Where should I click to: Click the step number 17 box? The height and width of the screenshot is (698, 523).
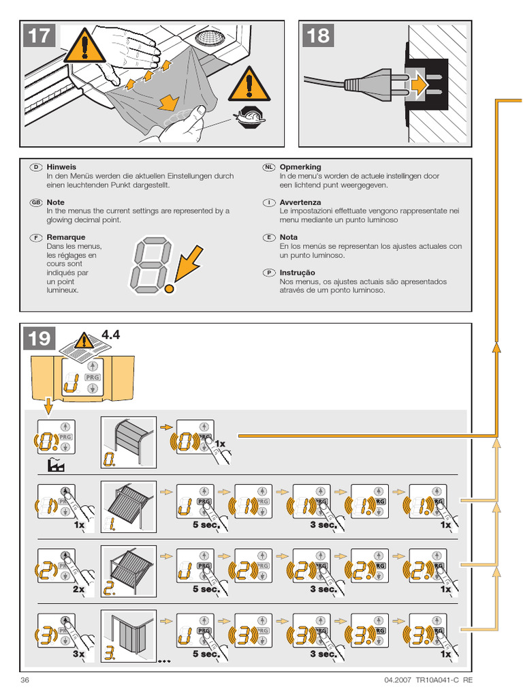[39, 35]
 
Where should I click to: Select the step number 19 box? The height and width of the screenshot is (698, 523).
[39, 338]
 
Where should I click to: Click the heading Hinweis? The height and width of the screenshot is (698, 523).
[61, 167]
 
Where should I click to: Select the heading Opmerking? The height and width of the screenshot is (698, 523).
[300, 167]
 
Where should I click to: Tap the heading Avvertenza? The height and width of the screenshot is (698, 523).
[300, 202]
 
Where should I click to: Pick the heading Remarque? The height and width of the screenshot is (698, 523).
[66, 237]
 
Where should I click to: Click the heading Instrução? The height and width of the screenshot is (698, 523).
[298, 273]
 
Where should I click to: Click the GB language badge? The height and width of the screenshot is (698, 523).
[36, 202]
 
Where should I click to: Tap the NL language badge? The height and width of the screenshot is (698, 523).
[269, 167]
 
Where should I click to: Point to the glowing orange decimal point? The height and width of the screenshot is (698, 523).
[169, 288]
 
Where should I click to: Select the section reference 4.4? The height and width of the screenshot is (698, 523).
[110, 334]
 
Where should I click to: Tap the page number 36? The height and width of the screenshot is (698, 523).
[25, 680]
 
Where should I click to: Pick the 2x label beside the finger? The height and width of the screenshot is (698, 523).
[79, 589]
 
